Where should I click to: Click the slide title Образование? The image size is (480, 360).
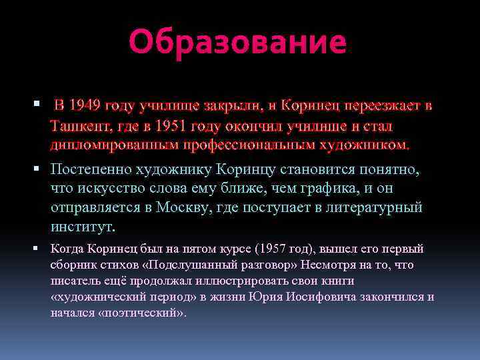click(x=237, y=42)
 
